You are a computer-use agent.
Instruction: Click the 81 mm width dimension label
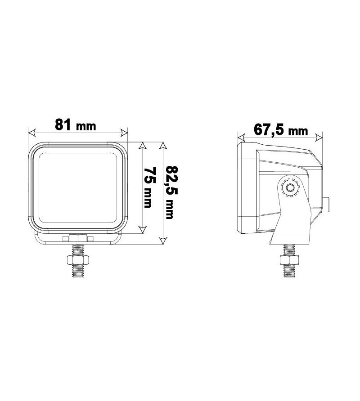point(76,125)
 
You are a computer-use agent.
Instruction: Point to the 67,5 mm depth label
point(281,129)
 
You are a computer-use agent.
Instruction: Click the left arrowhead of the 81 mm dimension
point(31,133)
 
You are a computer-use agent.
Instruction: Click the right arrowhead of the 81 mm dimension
point(125,133)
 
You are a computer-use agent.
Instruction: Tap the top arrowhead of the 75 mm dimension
point(143,146)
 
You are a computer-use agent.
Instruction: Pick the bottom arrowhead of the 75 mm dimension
point(143,230)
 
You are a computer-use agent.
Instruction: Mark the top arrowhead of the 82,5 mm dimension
point(163,146)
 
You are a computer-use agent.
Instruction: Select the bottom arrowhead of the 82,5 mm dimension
point(163,241)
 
